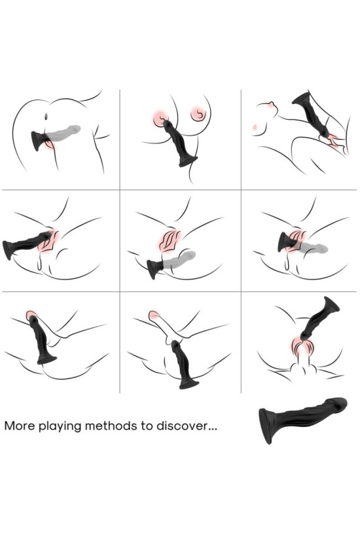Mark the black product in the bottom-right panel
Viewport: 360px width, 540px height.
click(317, 321)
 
